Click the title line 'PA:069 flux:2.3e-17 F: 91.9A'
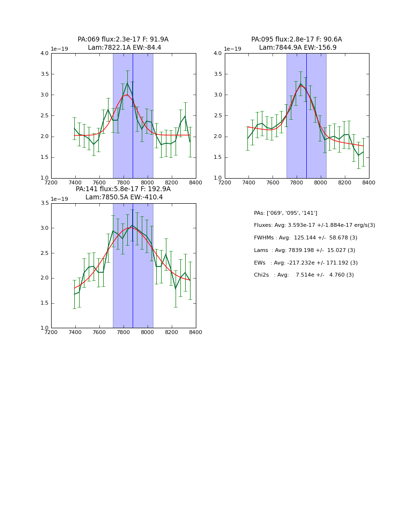(123, 40)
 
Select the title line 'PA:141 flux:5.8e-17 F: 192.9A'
(123, 189)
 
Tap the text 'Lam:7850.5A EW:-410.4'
(124, 197)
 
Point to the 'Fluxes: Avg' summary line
(314, 225)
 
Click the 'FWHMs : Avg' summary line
(305, 238)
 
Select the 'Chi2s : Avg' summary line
(303, 275)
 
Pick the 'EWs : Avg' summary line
(305, 263)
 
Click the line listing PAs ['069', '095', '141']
(286, 213)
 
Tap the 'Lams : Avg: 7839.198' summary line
(304, 251)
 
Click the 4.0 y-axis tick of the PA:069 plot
(44, 54)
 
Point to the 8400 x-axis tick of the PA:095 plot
(369, 182)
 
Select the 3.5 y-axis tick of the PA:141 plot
(44, 203)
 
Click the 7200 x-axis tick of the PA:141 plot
(51, 332)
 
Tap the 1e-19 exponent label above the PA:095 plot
(232, 49)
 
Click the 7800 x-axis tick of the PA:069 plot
(123, 182)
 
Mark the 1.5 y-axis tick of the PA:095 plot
(218, 157)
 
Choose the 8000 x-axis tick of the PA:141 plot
(148, 332)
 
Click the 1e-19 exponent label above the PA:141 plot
(59, 199)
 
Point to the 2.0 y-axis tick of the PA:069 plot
(44, 137)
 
